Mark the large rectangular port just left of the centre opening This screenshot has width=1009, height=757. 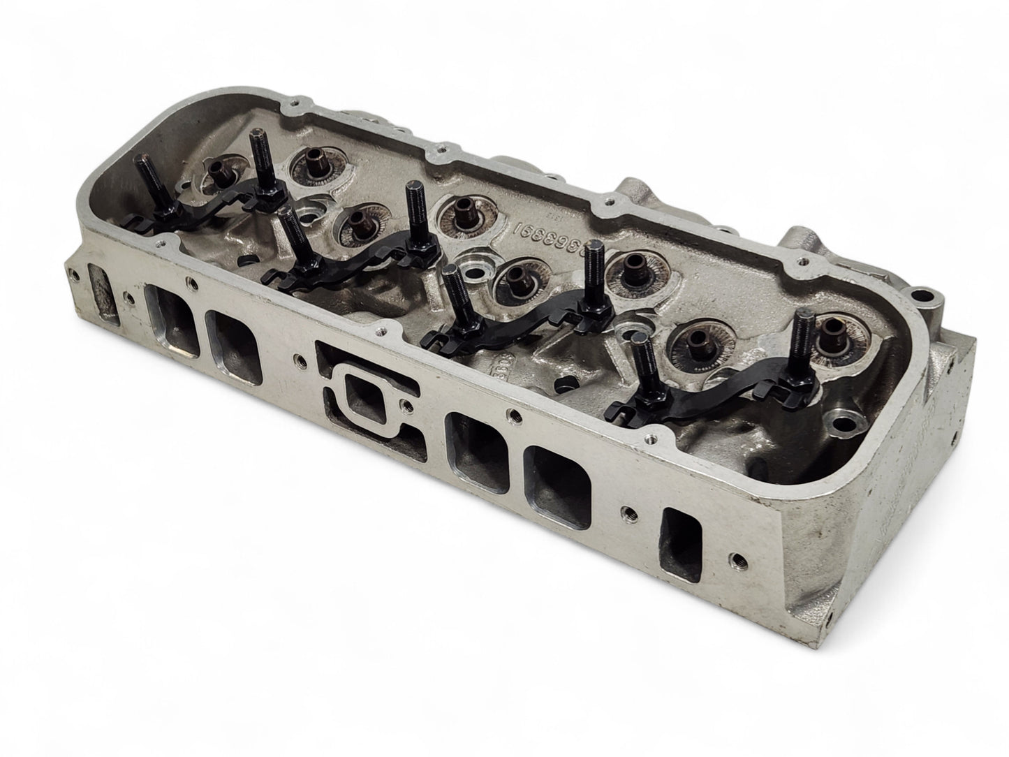coord(235,346)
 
